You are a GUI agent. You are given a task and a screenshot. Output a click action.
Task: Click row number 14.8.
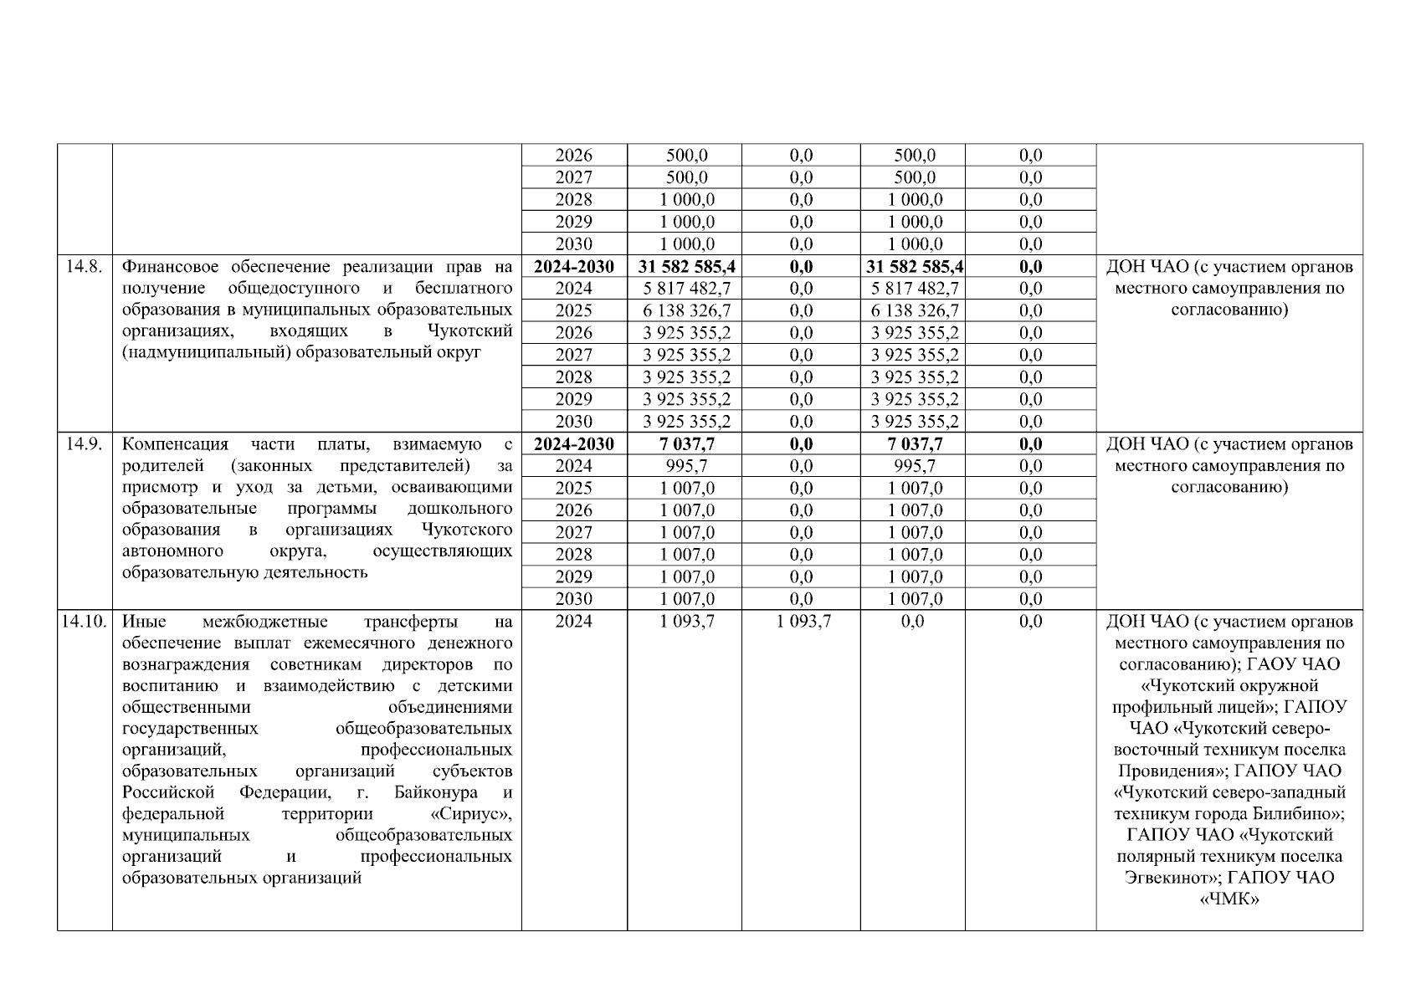tap(84, 267)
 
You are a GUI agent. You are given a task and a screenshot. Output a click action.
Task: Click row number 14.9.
tap(84, 444)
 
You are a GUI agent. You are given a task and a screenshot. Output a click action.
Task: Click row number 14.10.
tap(84, 622)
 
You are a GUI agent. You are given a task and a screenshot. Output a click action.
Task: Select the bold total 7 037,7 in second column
tap(686, 444)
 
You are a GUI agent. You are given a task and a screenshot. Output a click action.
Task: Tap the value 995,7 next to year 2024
tap(686, 466)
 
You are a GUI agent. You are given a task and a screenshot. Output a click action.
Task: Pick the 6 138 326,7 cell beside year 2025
tap(686, 310)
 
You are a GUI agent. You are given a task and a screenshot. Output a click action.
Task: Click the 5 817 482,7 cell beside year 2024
tap(686, 289)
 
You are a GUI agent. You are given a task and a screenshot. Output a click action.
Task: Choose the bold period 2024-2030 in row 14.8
tap(573, 267)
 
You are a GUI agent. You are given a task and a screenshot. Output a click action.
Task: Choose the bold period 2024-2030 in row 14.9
tap(573, 444)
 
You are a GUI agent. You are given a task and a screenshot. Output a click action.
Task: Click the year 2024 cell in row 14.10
tap(573, 622)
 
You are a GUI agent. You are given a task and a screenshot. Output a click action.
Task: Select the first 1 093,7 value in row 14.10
tap(686, 622)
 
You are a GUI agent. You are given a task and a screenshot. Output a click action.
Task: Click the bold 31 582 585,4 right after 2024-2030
tap(686, 267)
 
